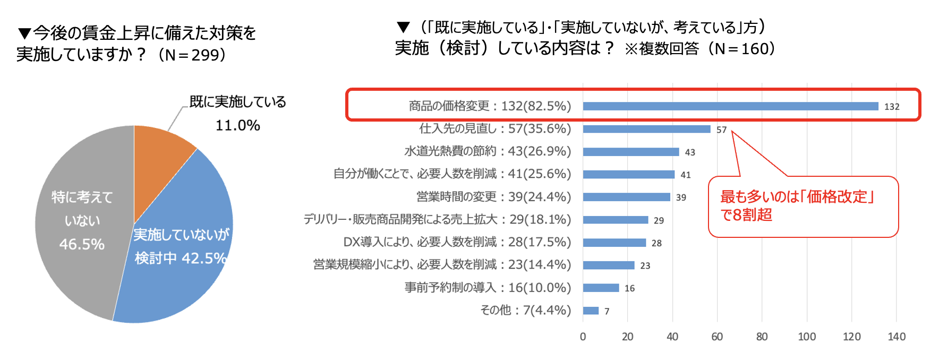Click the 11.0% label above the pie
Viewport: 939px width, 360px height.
coord(237,125)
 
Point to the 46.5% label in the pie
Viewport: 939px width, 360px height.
coord(82,244)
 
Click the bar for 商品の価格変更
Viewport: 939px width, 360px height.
coord(730,106)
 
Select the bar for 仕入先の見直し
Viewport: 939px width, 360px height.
coord(646,129)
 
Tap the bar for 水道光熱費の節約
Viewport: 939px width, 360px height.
coord(631,152)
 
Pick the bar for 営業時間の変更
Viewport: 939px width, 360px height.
coord(626,197)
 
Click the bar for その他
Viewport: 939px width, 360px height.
coord(591,311)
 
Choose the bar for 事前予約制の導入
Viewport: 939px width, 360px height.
coord(601,288)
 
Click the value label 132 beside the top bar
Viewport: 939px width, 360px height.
coord(892,107)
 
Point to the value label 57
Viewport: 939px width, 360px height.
coord(721,130)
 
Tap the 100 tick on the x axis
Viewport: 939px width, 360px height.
coord(807,337)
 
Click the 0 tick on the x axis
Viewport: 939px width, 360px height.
coord(583,337)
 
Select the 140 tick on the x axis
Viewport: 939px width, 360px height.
coord(897,337)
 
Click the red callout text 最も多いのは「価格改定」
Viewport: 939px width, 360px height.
coord(797,197)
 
